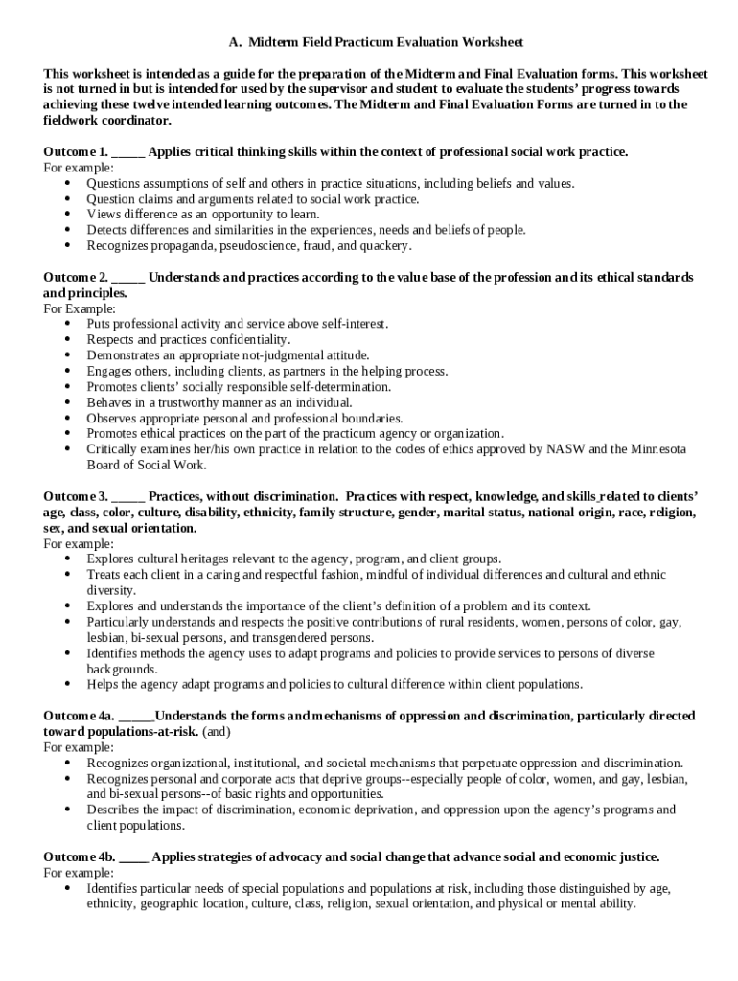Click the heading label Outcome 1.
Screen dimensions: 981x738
click(75, 152)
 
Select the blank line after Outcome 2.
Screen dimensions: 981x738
click(128, 279)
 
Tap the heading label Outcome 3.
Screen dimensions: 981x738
click(75, 497)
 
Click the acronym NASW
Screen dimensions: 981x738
click(595, 449)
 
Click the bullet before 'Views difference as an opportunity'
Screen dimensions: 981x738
click(66, 215)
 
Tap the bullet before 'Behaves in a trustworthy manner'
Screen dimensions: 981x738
click(66, 402)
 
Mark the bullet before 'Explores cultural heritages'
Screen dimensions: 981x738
click(66, 559)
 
